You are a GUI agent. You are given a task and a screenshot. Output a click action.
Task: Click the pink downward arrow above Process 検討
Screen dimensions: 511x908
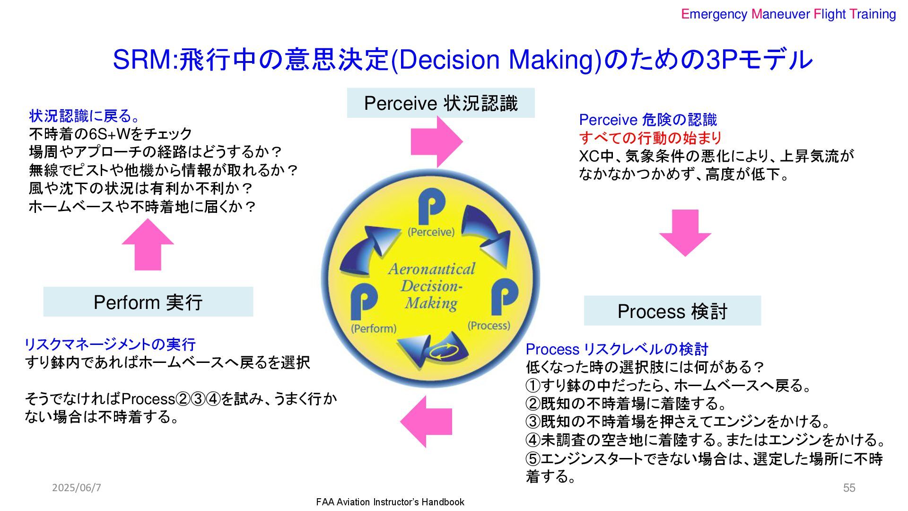click(685, 232)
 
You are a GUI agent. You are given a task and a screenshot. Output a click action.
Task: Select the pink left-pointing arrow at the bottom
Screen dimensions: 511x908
click(426, 422)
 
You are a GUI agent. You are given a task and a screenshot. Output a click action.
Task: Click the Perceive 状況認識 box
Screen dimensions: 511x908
click(441, 103)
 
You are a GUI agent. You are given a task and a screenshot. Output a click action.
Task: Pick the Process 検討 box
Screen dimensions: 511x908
click(672, 311)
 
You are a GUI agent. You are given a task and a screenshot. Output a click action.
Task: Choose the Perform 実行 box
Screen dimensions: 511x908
click(148, 302)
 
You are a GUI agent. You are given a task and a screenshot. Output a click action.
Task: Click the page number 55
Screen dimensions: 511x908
click(849, 488)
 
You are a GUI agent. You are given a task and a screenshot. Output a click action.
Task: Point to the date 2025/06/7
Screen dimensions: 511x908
click(77, 487)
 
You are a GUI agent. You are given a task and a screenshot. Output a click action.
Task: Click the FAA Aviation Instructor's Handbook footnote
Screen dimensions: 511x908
click(390, 502)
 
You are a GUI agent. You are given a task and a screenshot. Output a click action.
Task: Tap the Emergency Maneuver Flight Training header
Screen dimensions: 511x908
click(788, 14)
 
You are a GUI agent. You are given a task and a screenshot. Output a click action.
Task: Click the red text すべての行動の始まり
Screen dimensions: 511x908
click(650, 138)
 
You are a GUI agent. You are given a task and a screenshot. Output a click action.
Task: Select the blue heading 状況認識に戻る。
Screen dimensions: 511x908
click(85, 116)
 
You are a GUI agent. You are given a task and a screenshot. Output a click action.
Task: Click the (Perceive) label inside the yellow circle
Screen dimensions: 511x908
click(431, 232)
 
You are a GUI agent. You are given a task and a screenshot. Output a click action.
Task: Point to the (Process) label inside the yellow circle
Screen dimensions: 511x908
click(489, 326)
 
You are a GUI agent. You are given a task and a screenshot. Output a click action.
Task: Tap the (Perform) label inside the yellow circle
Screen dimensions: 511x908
click(374, 328)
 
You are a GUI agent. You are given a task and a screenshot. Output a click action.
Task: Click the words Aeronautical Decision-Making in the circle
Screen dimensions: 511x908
click(431, 286)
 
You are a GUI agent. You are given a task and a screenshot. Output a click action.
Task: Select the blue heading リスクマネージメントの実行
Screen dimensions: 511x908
click(110, 344)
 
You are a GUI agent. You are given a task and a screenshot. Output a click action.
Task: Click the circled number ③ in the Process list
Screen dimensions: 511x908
click(533, 422)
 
